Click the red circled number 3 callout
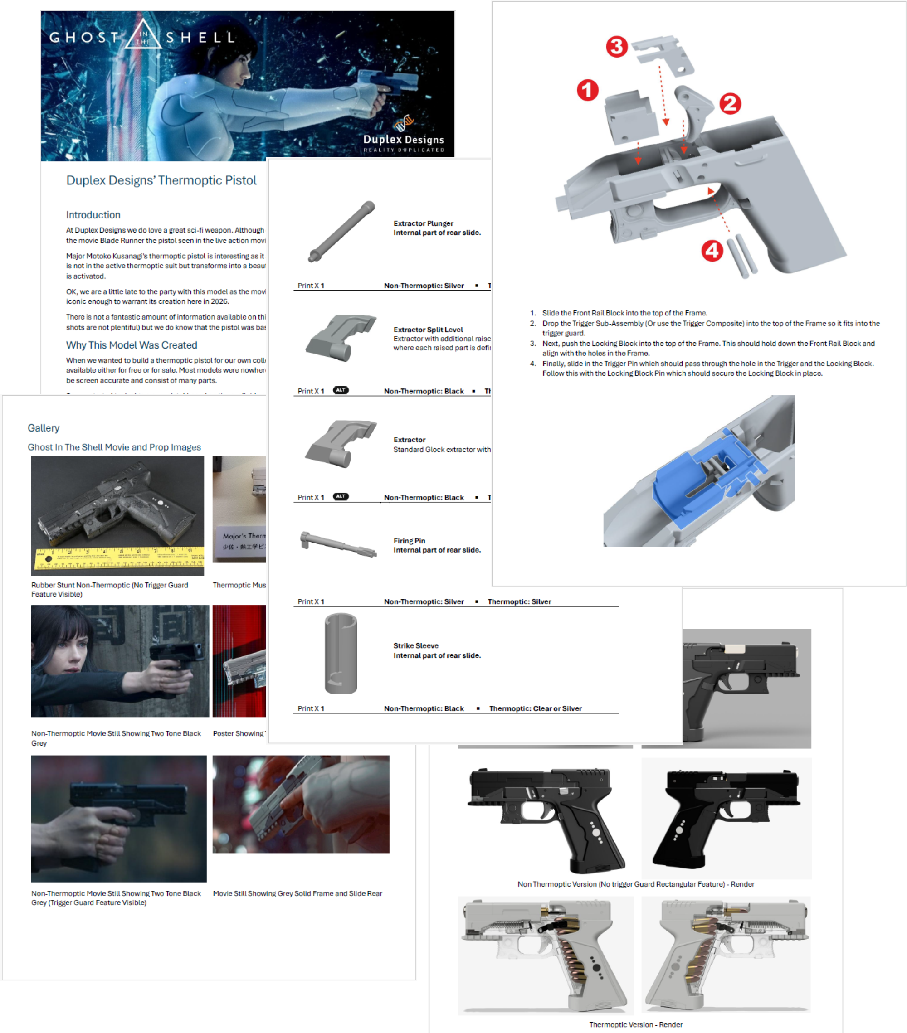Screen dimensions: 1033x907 (x=616, y=47)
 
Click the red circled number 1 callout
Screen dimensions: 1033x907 (x=587, y=91)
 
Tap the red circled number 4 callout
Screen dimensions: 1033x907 (x=712, y=251)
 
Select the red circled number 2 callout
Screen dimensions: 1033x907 (x=730, y=104)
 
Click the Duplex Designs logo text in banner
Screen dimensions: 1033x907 (x=404, y=140)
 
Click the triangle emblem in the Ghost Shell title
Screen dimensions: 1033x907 (x=143, y=35)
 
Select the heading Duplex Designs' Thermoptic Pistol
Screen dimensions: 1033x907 (x=161, y=180)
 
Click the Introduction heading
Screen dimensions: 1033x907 (x=93, y=215)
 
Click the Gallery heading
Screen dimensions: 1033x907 (x=44, y=428)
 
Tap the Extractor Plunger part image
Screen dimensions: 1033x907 (x=342, y=232)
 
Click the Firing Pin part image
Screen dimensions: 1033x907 (x=338, y=545)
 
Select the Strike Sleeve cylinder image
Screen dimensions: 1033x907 (x=341, y=654)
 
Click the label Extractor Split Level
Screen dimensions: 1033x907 (x=428, y=330)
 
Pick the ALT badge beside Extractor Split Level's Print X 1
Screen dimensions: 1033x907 (x=340, y=390)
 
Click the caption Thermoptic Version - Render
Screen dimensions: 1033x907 (x=635, y=1024)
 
